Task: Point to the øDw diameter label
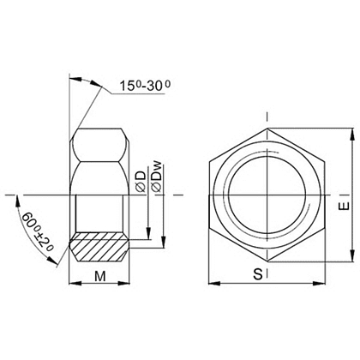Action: tap(156, 177)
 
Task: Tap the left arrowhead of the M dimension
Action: tap(70, 284)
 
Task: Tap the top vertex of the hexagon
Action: tap(268, 128)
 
